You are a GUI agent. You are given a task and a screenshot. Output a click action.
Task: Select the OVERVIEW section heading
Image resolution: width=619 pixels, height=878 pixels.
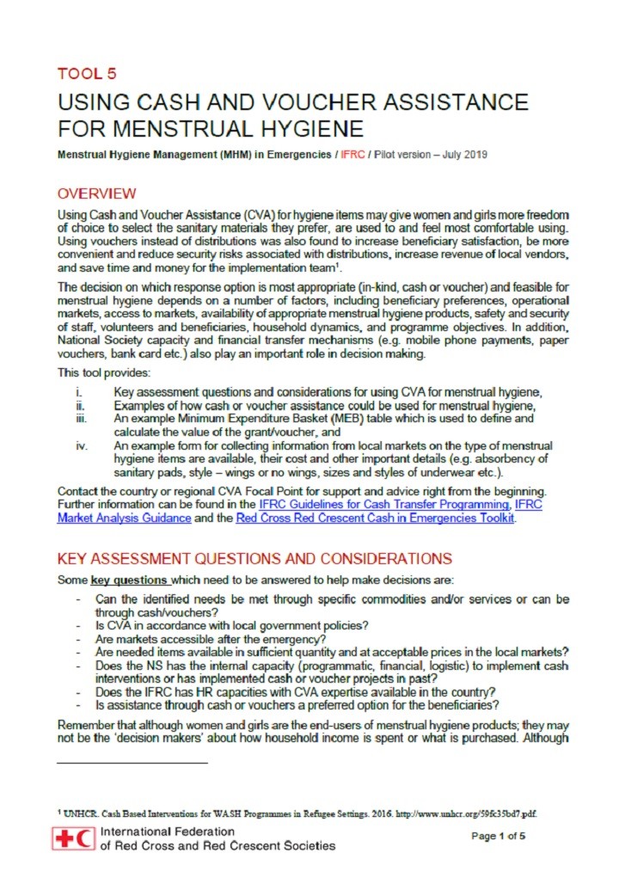96,193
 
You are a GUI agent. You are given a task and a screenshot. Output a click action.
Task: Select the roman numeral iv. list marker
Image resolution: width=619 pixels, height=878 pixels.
81,445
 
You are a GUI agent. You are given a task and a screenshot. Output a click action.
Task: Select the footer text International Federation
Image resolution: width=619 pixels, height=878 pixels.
168,832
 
